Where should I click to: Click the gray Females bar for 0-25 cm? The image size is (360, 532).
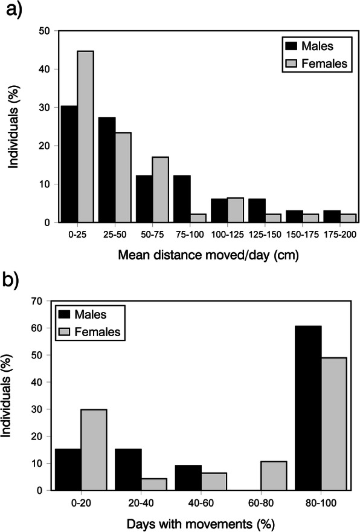pos(85,137)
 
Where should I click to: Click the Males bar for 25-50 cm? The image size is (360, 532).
pos(106,170)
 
